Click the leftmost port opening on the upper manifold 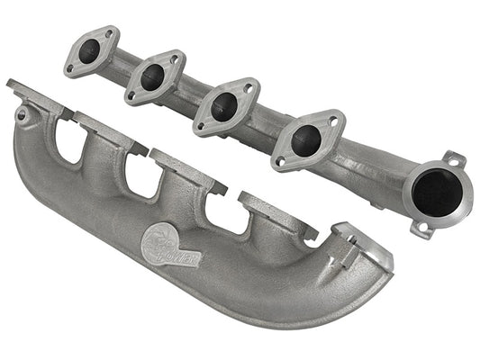click(89, 52)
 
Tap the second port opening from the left click(153, 76)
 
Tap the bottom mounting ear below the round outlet click(420, 226)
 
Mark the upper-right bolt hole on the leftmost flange click(109, 36)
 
